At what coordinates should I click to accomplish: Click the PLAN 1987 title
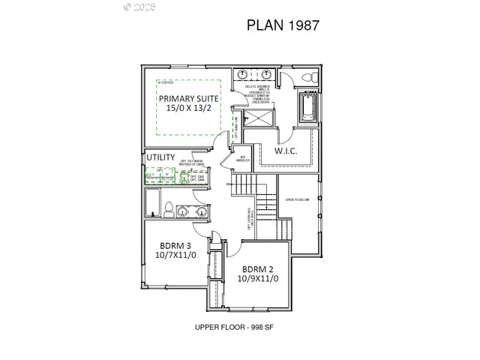[x=284, y=25]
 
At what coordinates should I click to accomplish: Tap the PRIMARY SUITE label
[x=187, y=97]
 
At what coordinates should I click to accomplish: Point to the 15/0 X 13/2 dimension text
[x=187, y=109]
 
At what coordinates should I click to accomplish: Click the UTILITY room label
[x=160, y=157]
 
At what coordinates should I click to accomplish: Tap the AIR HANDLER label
[x=242, y=158]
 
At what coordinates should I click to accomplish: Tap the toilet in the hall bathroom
[x=168, y=209]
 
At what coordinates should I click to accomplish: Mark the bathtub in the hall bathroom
[x=151, y=204]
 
